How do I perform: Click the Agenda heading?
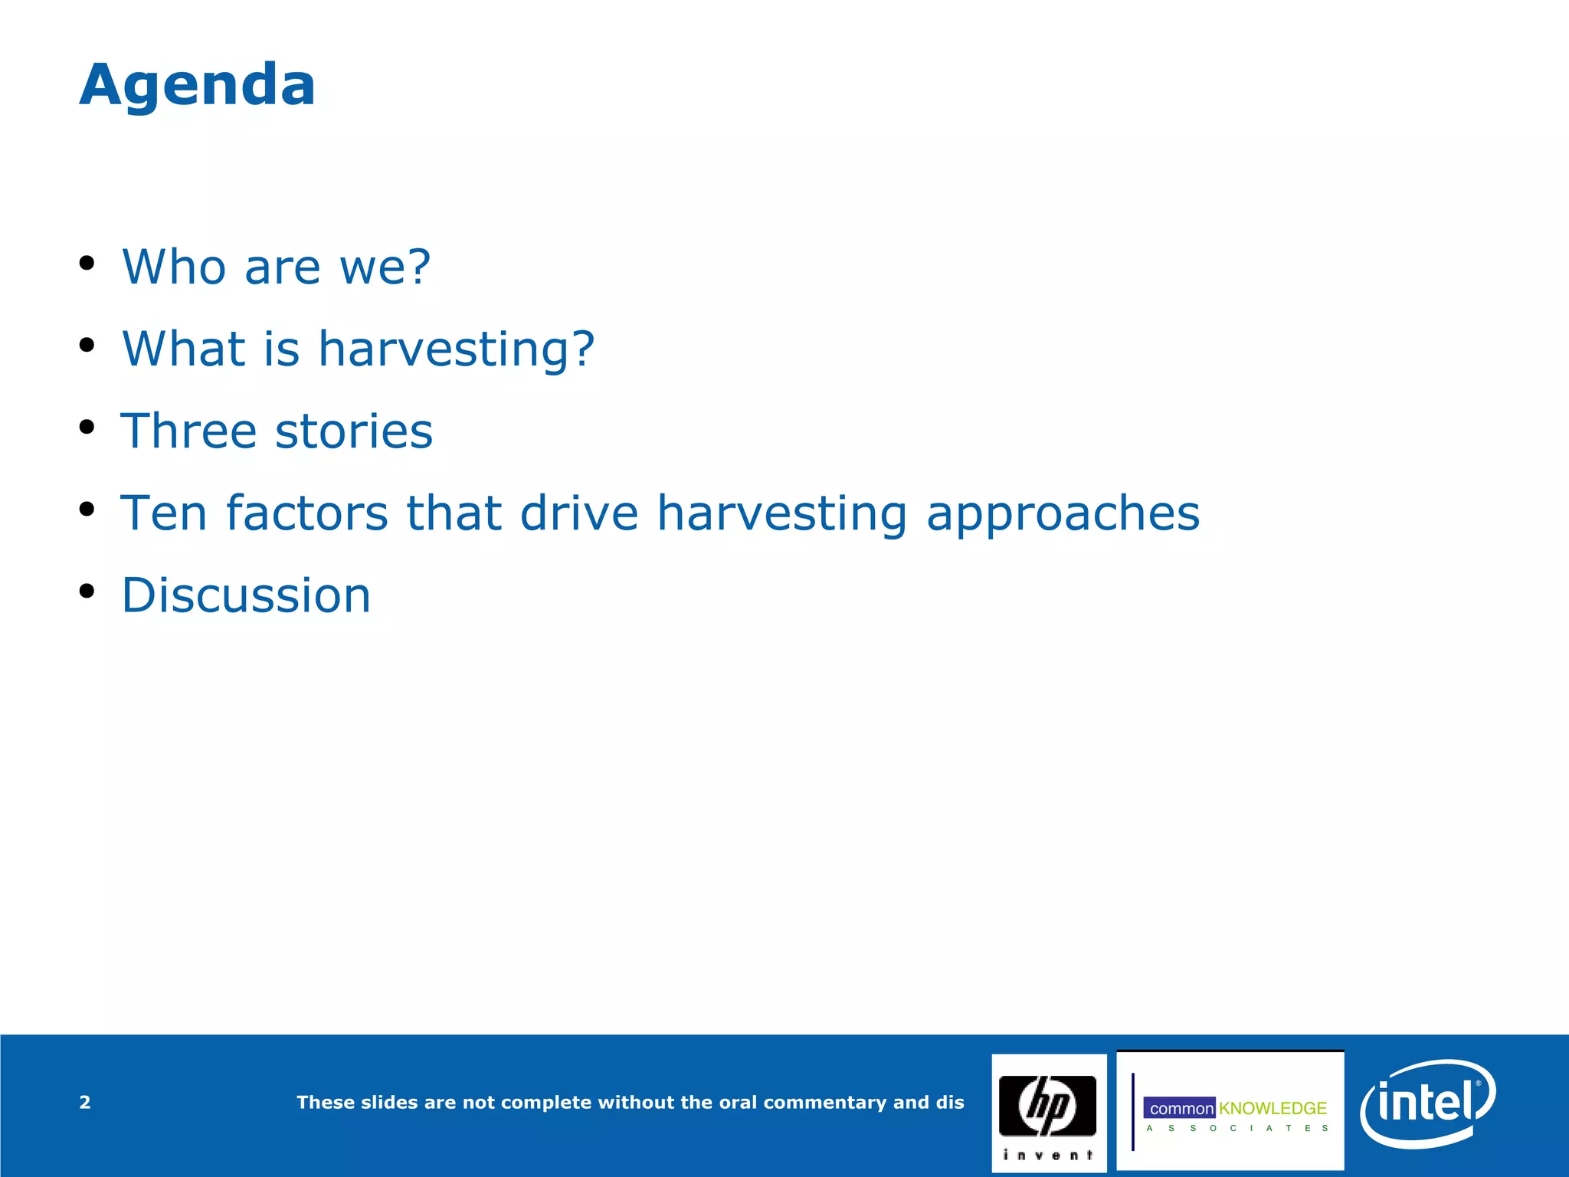tap(197, 84)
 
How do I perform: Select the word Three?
tap(188, 431)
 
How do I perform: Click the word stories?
tap(354, 431)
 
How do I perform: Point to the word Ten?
tap(163, 513)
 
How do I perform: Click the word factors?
tap(306, 513)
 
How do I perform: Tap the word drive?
tap(578, 513)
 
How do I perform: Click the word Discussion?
tap(246, 595)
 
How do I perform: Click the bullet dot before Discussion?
tap(87, 591)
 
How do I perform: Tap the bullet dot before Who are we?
tap(87, 263)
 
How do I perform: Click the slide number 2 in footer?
tap(85, 1103)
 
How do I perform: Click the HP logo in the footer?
tap(1047, 1105)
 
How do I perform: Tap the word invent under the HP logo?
tap(1047, 1155)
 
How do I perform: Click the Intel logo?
tap(1427, 1103)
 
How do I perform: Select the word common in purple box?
tap(1181, 1109)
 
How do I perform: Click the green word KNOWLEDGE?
tap(1273, 1109)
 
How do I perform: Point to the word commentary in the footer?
tap(824, 1103)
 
